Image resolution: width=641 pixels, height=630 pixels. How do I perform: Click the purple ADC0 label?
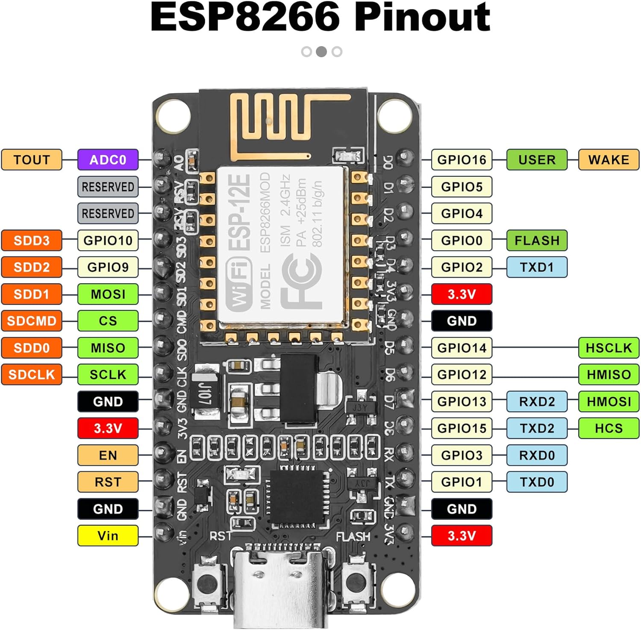[108, 160]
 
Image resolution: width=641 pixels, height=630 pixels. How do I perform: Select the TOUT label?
[32, 160]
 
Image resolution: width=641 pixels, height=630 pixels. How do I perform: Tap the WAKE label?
[609, 160]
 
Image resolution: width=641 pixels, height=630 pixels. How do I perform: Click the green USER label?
[537, 160]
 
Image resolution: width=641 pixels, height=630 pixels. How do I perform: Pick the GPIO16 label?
[462, 160]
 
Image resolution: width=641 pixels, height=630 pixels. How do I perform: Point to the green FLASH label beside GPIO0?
[537, 240]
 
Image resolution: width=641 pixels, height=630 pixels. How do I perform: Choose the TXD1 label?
[537, 267]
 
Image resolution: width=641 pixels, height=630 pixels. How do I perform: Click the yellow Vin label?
[108, 536]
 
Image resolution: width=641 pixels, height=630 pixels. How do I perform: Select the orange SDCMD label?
[32, 321]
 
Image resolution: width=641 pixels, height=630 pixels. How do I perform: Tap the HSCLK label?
[609, 348]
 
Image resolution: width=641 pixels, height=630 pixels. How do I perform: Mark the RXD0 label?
[537, 455]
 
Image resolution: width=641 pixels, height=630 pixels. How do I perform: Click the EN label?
[108, 455]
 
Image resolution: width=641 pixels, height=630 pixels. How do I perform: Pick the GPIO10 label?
[108, 240]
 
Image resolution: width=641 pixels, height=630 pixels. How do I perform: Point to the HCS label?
[609, 428]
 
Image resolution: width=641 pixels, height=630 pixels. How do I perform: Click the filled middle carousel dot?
[321, 52]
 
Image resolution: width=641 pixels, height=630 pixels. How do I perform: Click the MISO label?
[108, 348]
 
